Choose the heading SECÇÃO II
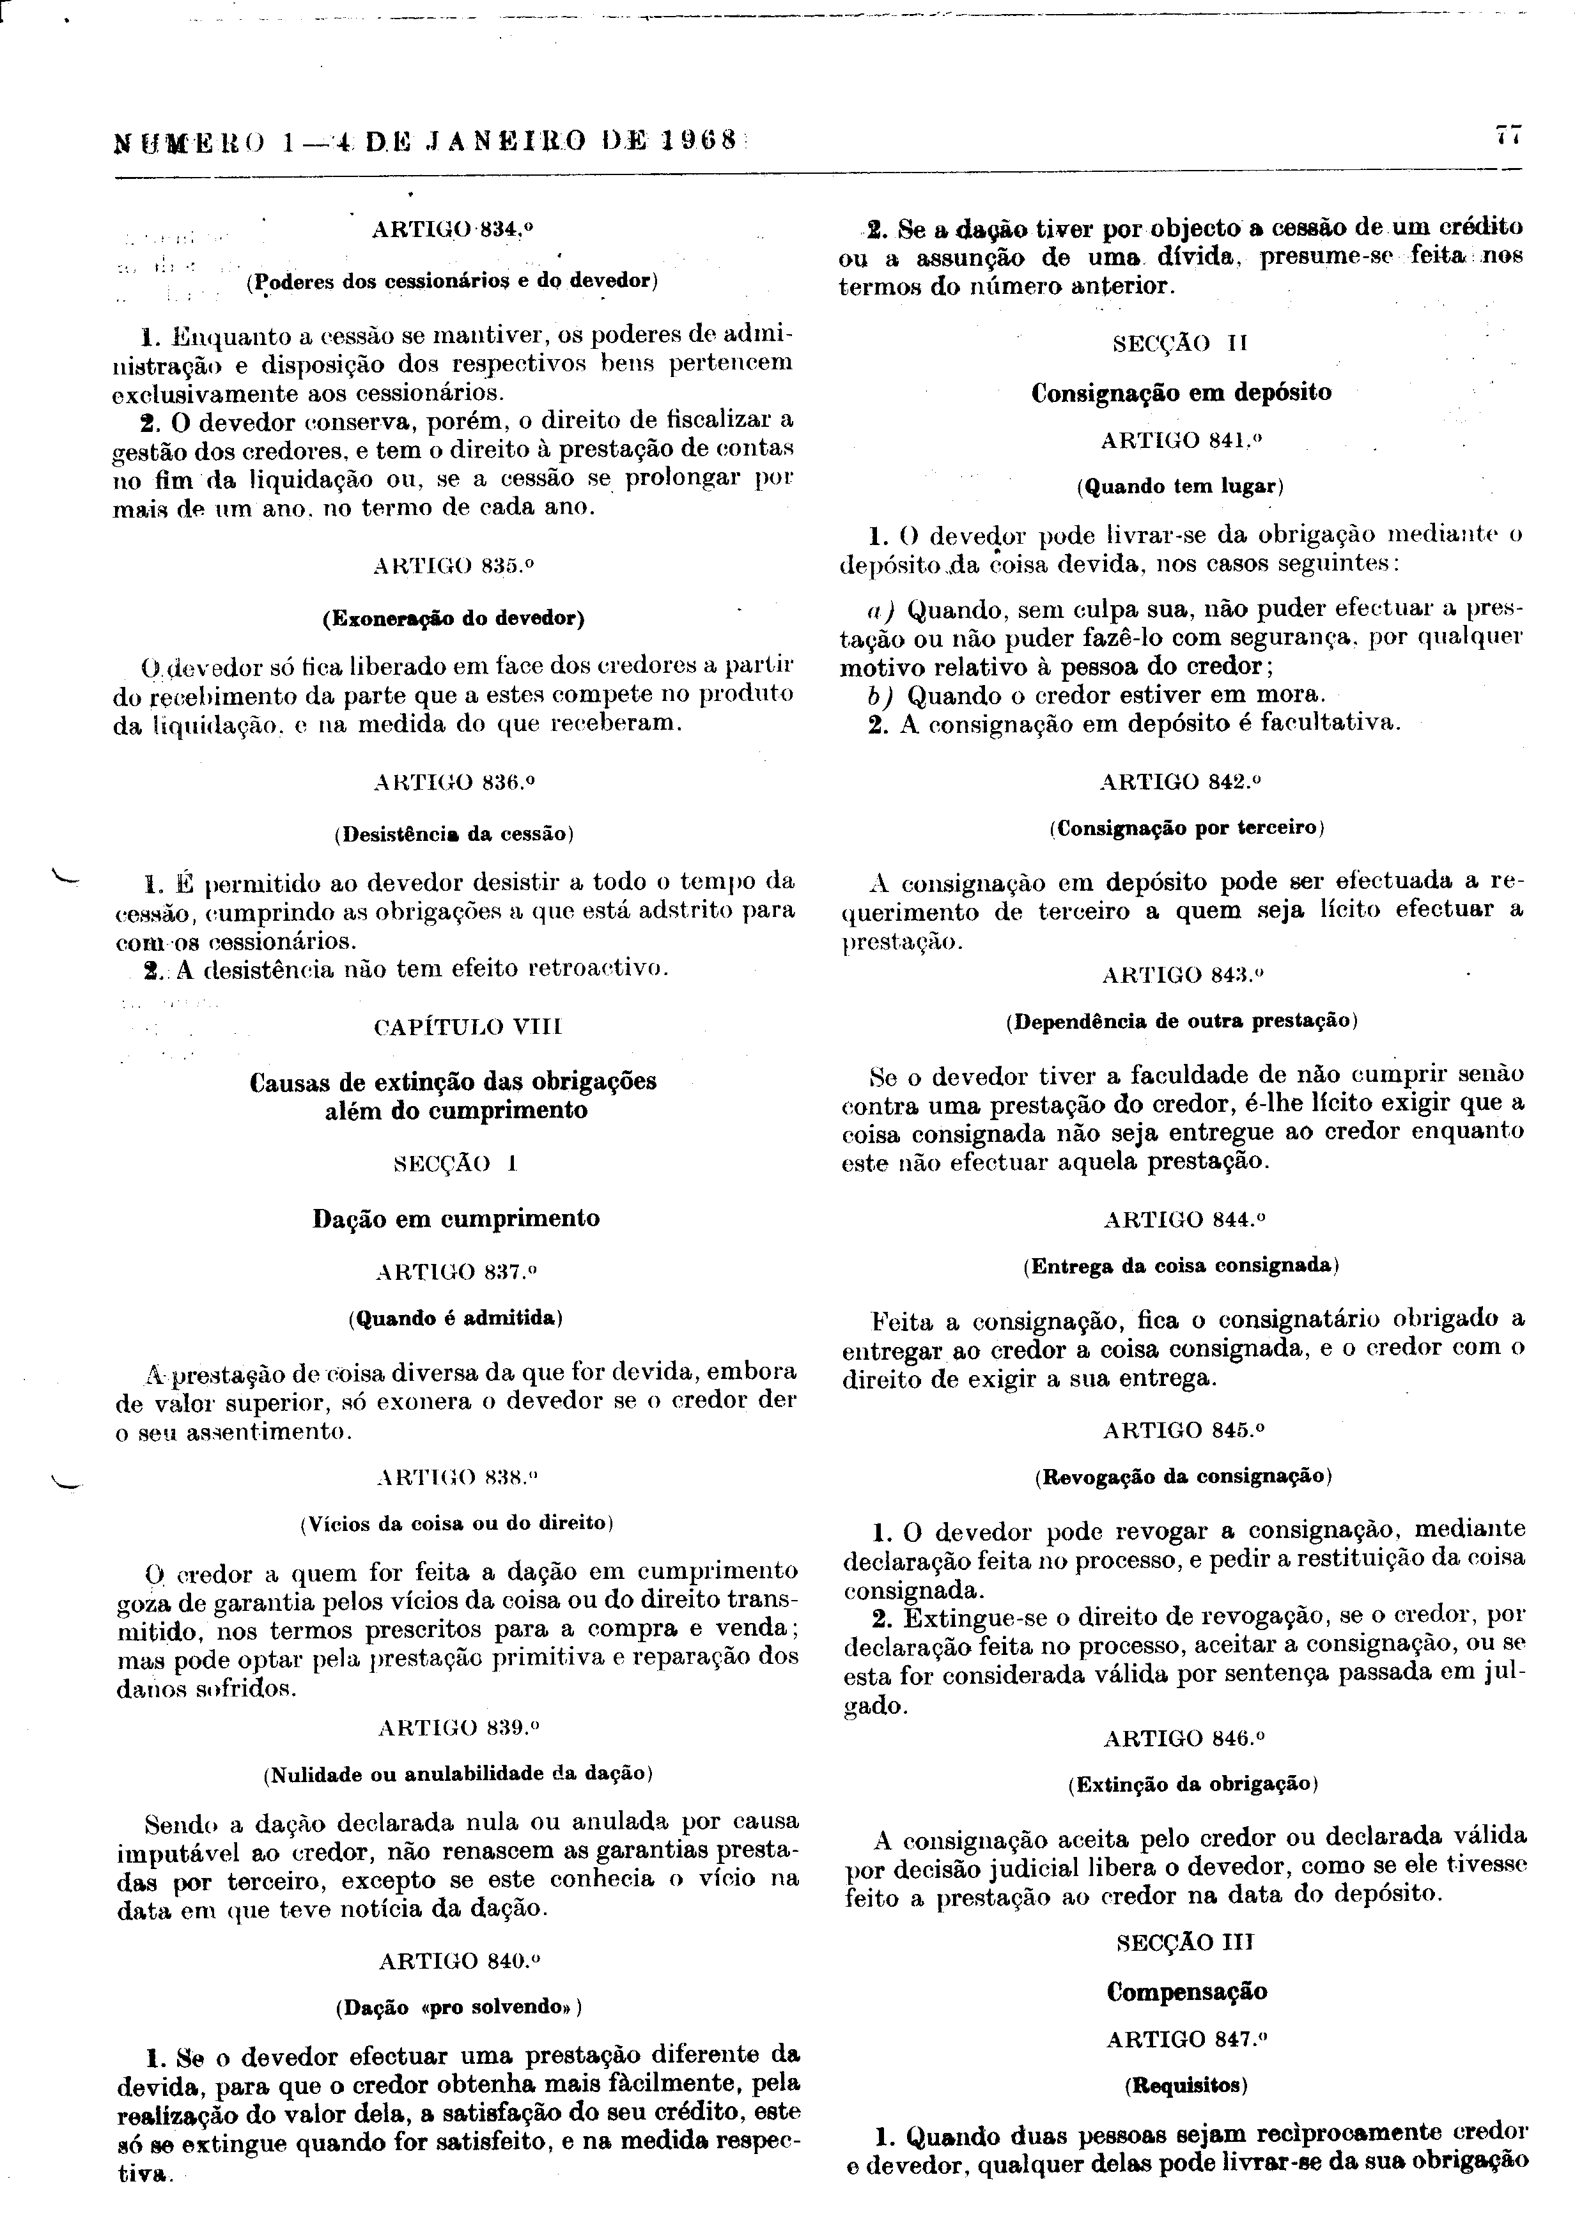point(1180,343)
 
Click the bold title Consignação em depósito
point(1181,393)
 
